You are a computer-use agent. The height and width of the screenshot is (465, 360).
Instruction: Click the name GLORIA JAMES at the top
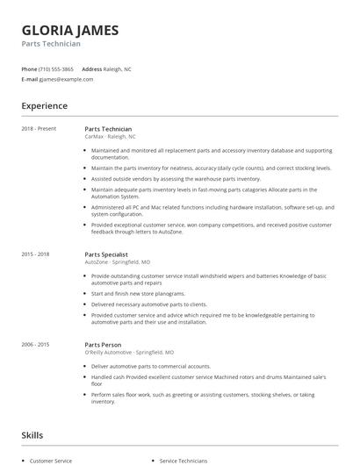click(70, 30)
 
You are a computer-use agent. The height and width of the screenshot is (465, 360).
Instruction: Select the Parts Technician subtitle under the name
click(52, 44)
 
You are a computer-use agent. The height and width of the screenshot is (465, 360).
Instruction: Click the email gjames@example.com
click(66, 79)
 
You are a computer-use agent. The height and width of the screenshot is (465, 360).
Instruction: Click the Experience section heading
click(44, 106)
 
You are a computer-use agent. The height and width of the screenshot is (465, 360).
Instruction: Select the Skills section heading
click(32, 434)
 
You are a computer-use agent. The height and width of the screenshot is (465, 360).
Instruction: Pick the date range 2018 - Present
click(39, 129)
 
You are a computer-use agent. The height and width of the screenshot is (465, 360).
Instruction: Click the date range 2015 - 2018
click(36, 254)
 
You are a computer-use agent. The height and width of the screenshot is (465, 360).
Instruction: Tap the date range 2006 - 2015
click(36, 345)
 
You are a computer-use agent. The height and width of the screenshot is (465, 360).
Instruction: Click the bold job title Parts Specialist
click(106, 254)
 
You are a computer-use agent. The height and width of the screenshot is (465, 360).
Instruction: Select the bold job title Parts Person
click(103, 345)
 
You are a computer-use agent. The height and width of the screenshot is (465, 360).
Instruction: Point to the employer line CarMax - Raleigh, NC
click(110, 137)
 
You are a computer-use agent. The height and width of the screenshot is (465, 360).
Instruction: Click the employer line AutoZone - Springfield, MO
click(117, 261)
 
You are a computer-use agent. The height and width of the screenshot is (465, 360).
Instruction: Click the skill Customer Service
click(50, 460)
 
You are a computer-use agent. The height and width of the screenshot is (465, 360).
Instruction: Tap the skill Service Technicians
click(184, 460)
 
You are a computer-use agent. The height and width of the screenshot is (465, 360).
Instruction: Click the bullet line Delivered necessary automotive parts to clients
click(149, 304)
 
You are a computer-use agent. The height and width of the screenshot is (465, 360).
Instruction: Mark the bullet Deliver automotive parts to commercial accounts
click(150, 366)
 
